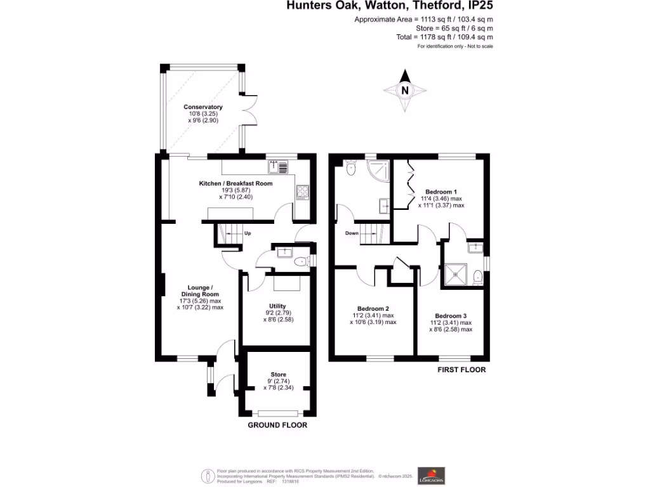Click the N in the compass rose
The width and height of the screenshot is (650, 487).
pos(404,91)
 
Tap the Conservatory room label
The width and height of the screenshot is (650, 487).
pos(203,107)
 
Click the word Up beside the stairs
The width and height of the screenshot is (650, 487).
pos(248,233)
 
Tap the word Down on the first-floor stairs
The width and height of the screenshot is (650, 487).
pos(352,233)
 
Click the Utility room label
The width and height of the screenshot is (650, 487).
pos(278,306)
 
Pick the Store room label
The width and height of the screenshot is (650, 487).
pos(278,374)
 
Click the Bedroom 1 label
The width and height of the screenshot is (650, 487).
pos(441,192)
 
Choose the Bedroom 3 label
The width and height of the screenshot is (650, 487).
pos(451,316)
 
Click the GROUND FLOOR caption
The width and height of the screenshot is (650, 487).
pos(277,425)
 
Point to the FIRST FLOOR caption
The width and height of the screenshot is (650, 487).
pos(461,370)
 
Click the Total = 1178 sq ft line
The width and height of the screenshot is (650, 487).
pos(444,37)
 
